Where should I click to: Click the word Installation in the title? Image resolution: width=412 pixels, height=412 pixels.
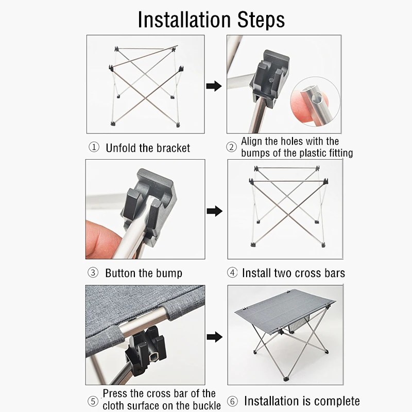[184, 20]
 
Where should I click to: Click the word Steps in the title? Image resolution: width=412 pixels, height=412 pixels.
[261, 20]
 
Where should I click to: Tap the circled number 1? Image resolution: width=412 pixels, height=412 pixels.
[94, 147]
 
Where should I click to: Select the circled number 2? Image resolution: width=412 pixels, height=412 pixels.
[231, 147]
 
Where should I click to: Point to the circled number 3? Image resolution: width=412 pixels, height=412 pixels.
[93, 272]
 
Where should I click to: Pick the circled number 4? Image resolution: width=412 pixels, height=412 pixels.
[232, 272]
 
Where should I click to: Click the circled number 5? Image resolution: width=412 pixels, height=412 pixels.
[93, 401]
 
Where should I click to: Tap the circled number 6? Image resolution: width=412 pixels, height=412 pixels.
[232, 401]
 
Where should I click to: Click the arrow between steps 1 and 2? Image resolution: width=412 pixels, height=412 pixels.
[214, 86]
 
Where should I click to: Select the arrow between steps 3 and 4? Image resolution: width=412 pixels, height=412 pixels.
[214, 211]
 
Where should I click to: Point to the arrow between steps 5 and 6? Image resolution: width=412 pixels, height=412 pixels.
[214, 337]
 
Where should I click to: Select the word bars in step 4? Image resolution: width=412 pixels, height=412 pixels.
[334, 273]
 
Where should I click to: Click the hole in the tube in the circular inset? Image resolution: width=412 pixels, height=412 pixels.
[315, 99]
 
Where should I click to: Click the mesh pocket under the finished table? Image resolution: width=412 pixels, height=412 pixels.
[299, 324]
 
